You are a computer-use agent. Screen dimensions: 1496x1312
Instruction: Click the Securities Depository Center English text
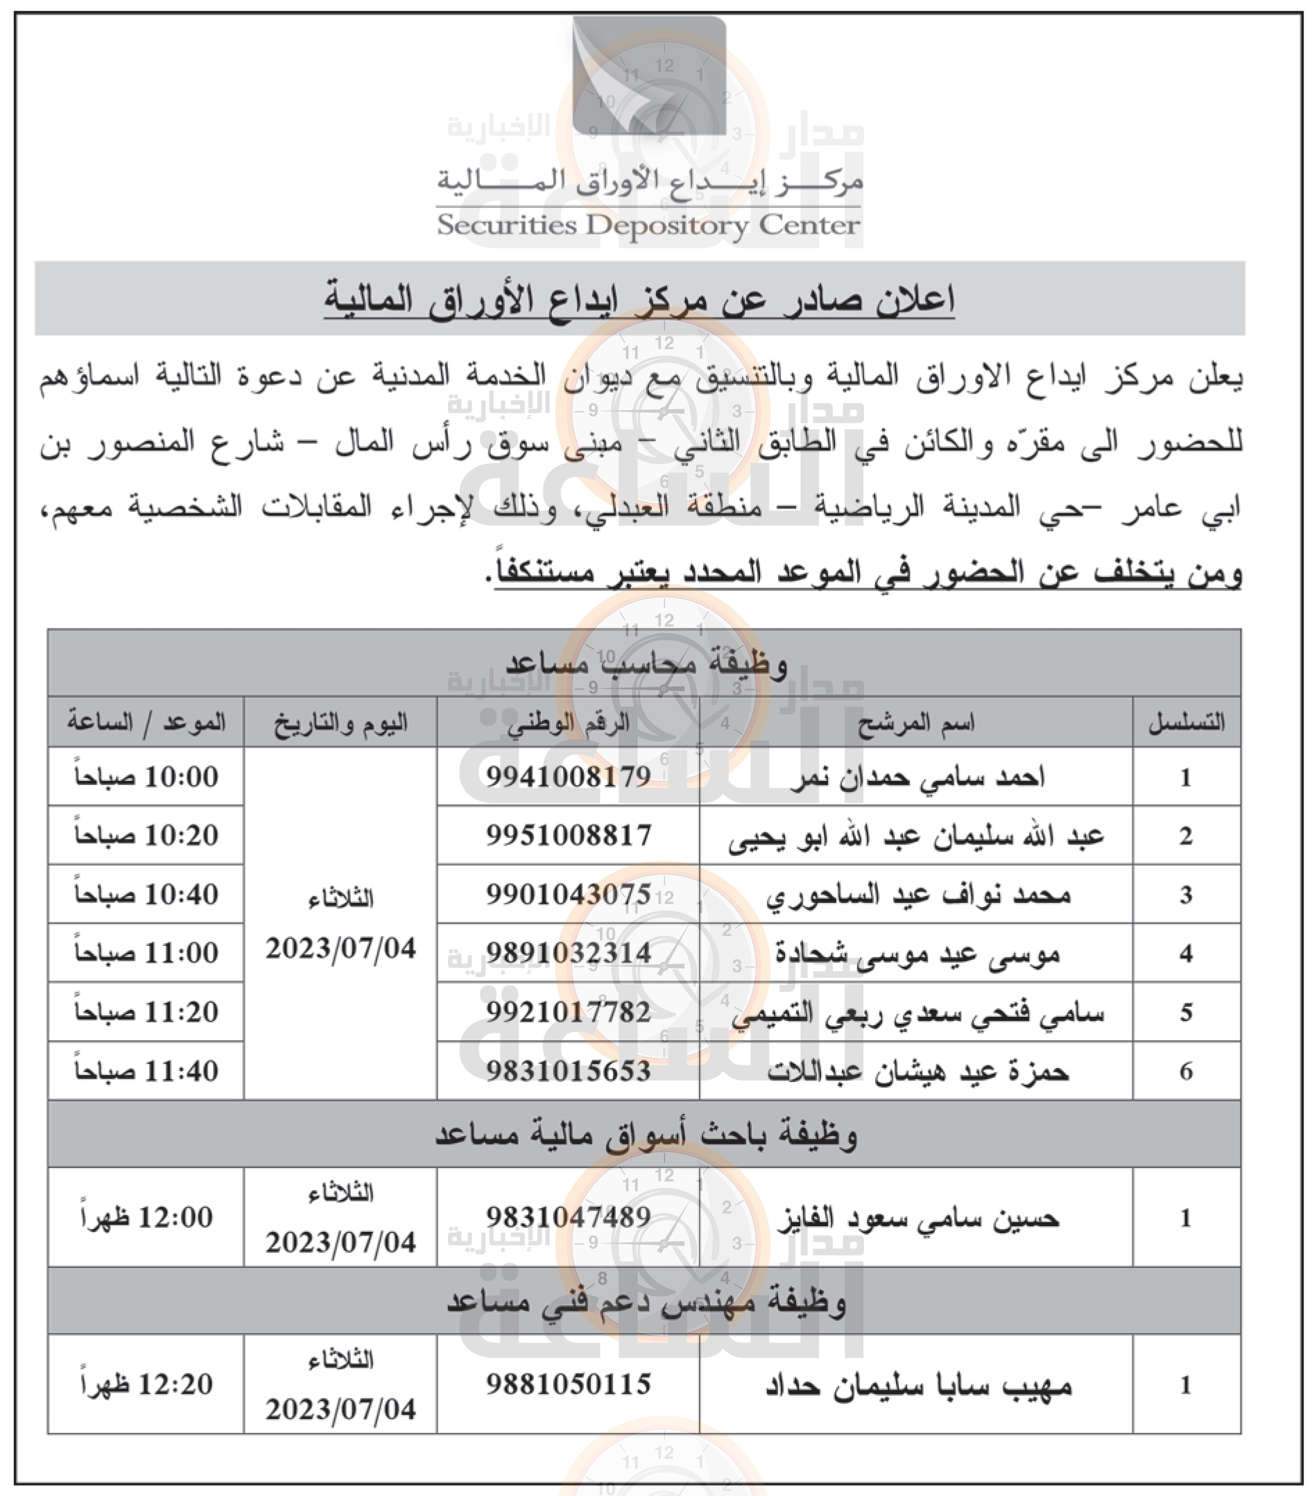pos(648,225)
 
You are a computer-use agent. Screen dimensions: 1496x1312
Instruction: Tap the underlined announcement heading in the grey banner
pos(639,300)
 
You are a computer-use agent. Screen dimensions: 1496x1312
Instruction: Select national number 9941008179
pos(569,777)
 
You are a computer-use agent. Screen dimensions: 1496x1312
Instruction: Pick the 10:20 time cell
pos(146,835)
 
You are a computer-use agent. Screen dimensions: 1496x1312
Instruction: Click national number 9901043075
pos(569,895)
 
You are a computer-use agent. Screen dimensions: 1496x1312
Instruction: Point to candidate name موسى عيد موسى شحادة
pos(917,954)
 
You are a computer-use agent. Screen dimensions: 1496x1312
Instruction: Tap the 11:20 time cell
pos(146,1012)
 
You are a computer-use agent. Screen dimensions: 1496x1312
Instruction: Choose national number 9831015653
pos(569,1072)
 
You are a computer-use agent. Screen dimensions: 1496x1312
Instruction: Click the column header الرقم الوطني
pos(569,723)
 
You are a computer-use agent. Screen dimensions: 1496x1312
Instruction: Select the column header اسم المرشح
pos(916,723)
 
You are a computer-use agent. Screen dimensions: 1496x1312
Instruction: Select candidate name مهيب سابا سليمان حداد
pos(917,1386)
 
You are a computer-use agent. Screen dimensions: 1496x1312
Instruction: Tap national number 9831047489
pos(569,1217)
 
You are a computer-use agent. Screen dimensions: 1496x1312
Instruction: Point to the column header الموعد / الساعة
pos(146,723)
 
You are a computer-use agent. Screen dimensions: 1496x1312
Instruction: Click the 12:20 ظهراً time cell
pos(146,1385)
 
